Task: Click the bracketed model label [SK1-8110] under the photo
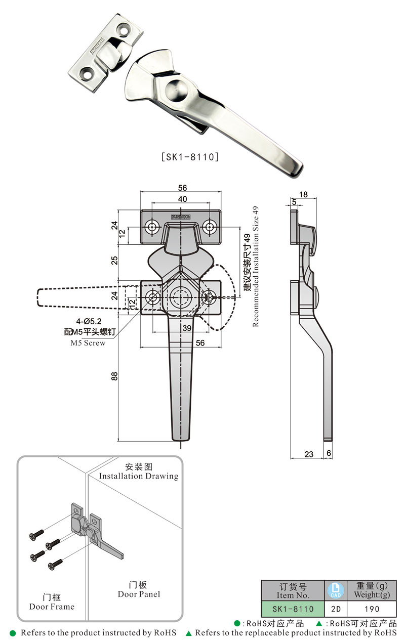click(189, 157)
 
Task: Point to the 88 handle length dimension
click(114, 376)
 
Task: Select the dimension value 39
click(187, 328)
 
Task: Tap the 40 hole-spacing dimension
click(182, 199)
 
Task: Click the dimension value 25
click(114, 260)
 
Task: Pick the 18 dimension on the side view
click(303, 194)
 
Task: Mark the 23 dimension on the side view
click(309, 454)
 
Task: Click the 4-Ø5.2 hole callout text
click(90, 321)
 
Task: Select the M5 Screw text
click(88, 343)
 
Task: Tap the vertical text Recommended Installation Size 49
click(255, 266)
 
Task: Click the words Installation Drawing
click(138, 476)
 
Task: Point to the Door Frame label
click(52, 607)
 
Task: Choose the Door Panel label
click(139, 594)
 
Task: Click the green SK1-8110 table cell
click(292, 609)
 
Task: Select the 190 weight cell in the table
click(372, 609)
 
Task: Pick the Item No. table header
click(292, 590)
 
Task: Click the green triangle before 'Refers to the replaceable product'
click(188, 633)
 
